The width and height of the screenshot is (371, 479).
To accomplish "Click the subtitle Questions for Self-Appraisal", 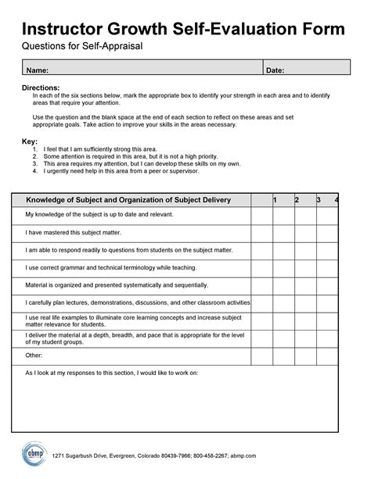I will coord(81,48).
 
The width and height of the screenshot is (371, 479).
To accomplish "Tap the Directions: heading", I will coord(41,88).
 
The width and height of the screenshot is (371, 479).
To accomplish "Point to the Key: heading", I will coord(28,141).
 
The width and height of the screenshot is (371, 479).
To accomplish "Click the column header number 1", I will coord(274,201).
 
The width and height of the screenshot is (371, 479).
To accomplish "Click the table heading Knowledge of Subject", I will coord(128,201).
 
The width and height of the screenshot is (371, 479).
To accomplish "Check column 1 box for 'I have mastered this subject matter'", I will coord(261,232).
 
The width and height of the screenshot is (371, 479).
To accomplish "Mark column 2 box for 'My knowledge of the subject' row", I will coord(283,214).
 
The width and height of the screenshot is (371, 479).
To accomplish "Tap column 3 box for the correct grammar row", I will coord(304,268).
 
